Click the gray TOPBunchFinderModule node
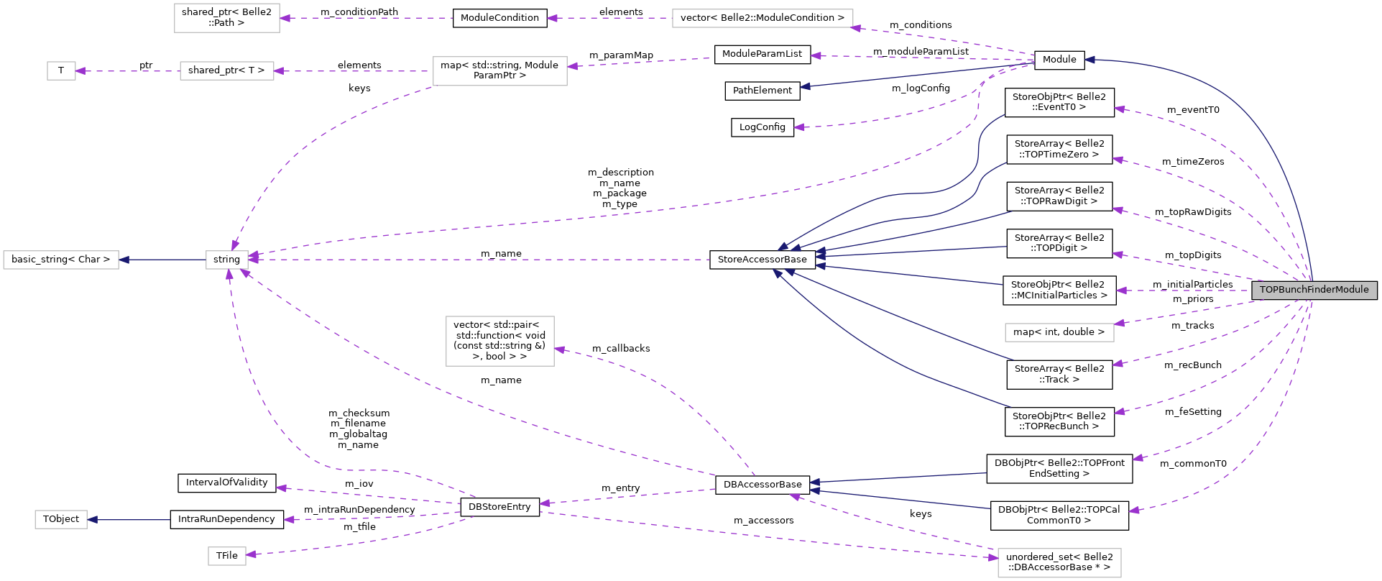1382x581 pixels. (x=1314, y=290)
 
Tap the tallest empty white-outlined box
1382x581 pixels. (x=499, y=341)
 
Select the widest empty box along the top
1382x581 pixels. (x=762, y=19)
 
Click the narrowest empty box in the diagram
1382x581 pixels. (x=61, y=71)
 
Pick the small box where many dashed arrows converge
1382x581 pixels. (x=227, y=260)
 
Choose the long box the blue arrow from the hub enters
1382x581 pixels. (x=61, y=260)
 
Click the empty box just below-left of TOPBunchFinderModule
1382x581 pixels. (x=1059, y=332)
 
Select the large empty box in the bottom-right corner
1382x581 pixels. (x=1059, y=562)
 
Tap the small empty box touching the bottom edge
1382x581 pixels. (x=227, y=556)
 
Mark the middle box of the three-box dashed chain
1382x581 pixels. (x=226, y=71)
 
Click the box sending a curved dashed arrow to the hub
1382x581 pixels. (x=499, y=71)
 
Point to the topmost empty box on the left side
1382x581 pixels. (x=226, y=18)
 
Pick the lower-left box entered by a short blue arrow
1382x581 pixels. (x=61, y=519)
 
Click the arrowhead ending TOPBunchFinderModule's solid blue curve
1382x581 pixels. (x=1090, y=60)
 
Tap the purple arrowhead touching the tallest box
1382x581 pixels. (x=560, y=349)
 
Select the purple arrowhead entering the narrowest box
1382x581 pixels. (x=80, y=71)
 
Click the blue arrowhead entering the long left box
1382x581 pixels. (x=124, y=260)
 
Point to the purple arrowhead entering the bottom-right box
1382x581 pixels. (x=992, y=557)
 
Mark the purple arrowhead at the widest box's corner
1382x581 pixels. (x=856, y=28)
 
